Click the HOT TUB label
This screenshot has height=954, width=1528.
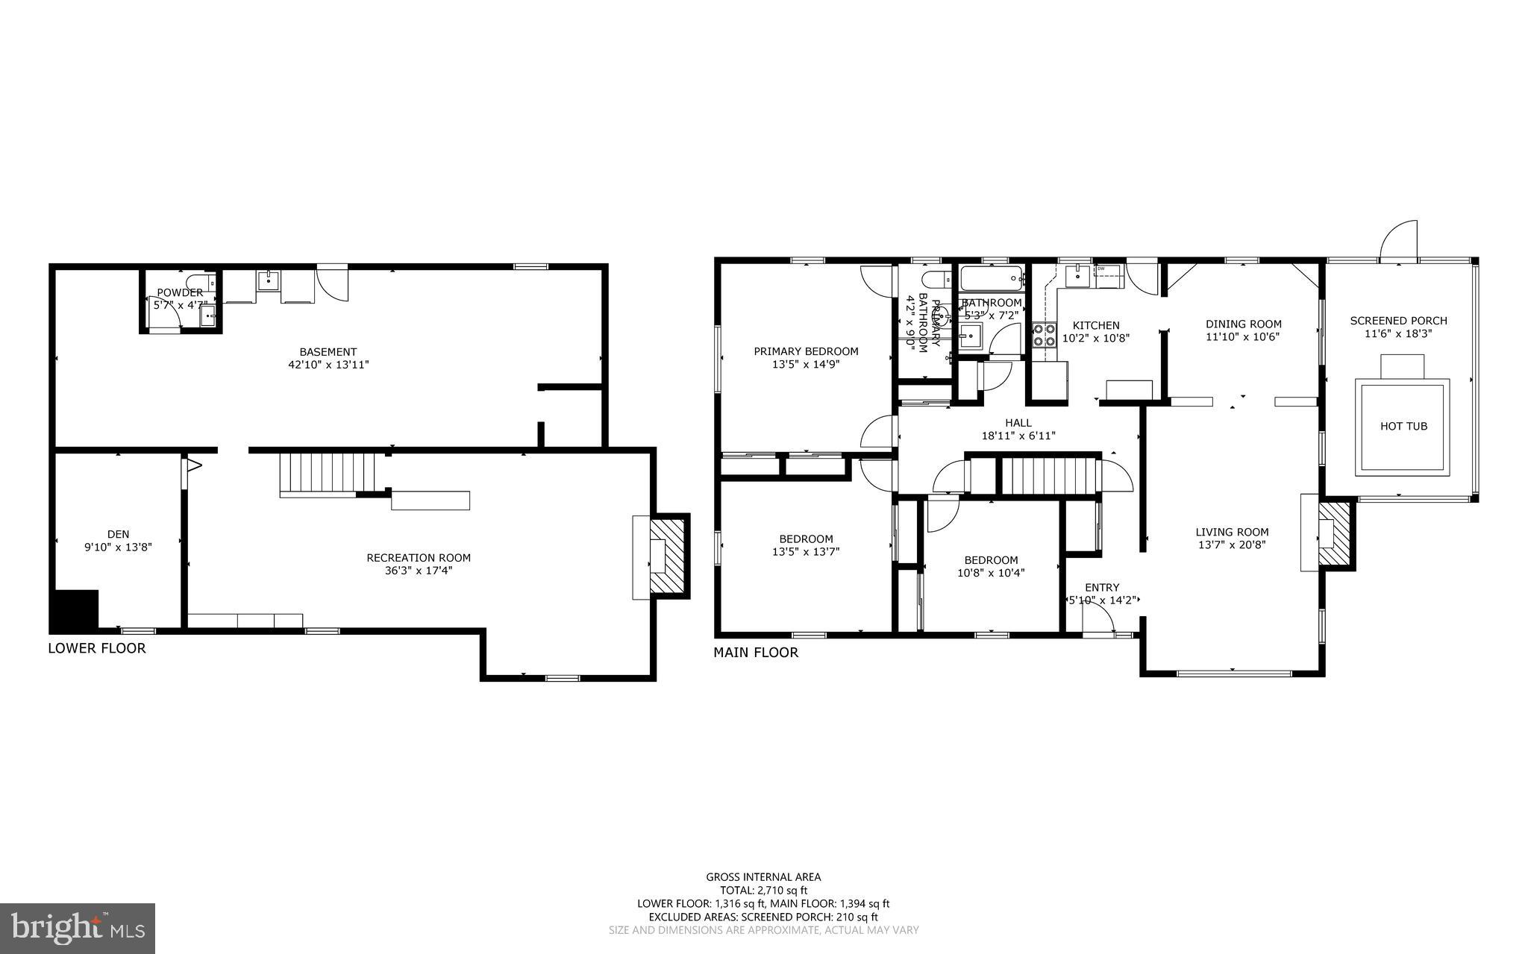pyautogui.click(x=1403, y=427)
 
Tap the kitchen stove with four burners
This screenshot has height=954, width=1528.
pyautogui.click(x=1044, y=336)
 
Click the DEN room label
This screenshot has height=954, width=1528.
pyautogui.click(x=118, y=534)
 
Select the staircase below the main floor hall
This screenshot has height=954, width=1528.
pyautogui.click(x=1049, y=475)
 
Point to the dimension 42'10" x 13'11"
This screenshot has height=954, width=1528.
pyautogui.click(x=328, y=365)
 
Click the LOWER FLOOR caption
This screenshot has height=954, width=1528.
pyautogui.click(x=97, y=648)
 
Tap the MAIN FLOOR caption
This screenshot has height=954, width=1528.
pyautogui.click(x=755, y=653)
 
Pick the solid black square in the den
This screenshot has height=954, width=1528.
pyautogui.click(x=75, y=609)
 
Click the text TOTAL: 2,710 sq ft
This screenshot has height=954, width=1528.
pyautogui.click(x=763, y=890)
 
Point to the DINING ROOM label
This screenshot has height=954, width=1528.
pyautogui.click(x=1243, y=324)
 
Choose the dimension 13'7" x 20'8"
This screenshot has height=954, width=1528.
pyautogui.click(x=1232, y=545)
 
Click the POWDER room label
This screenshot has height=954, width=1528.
pyautogui.click(x=179, y=292)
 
